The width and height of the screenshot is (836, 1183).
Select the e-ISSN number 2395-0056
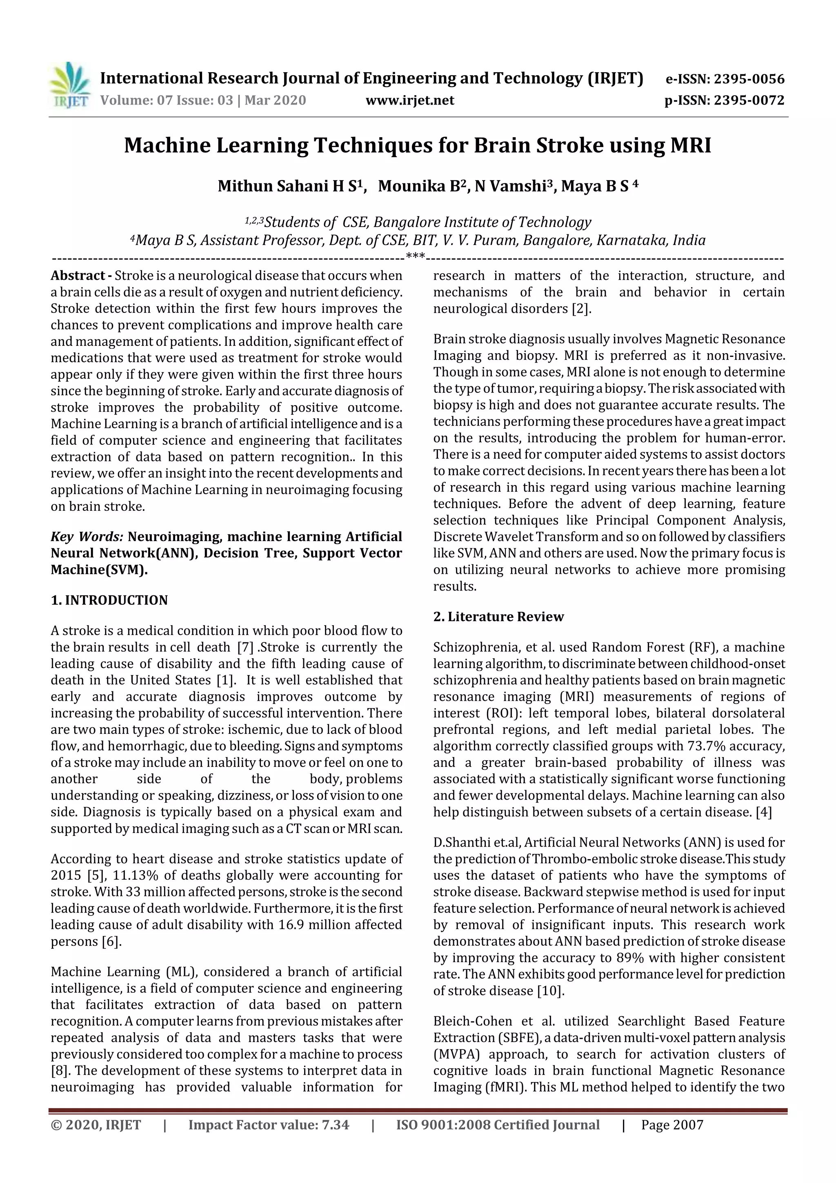(748, 79)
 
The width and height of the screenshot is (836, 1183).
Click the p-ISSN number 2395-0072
(748, 100)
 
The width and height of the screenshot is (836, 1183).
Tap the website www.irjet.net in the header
(410, 100)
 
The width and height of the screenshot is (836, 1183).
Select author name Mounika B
(421, 186)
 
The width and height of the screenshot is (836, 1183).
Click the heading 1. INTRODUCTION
(109, 600)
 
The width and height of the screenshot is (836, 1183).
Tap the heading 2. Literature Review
(498, 617)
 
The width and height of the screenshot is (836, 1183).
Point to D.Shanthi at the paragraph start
(462, 842)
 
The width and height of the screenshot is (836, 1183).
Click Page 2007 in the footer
(672, 1125)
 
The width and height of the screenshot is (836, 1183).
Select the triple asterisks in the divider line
(415, 256)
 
